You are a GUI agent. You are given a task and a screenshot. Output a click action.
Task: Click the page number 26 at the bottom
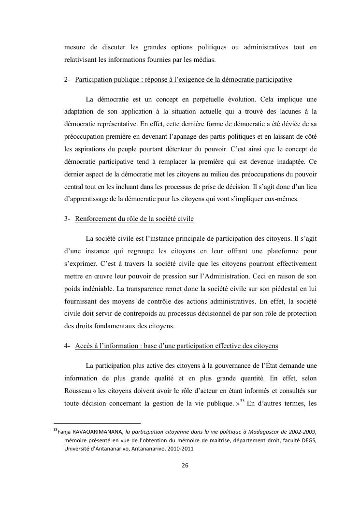tap(184, 465)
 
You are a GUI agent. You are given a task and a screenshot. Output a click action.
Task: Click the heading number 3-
tap(67, 219)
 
